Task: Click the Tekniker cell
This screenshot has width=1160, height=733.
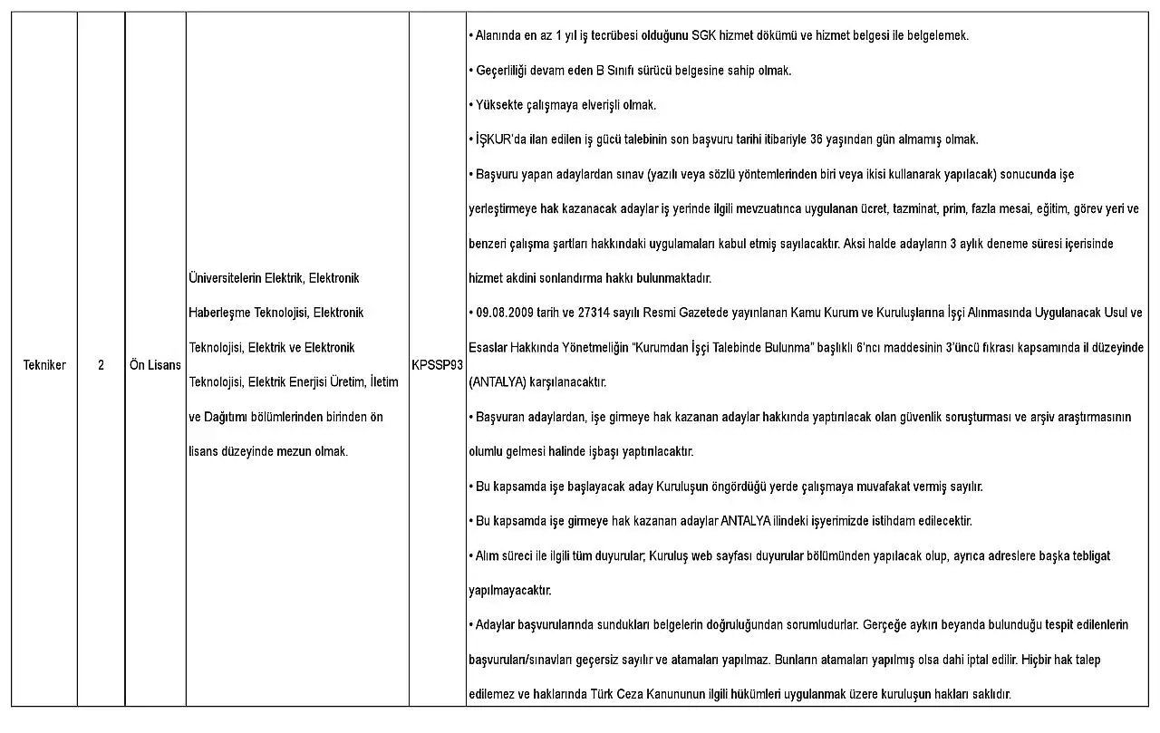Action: (x=44, y=365)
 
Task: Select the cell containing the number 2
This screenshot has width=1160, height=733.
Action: (x=101, y=365)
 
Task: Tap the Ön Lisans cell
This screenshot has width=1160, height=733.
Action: (x=155, y=365)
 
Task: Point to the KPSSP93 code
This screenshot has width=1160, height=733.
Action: (x=437, y=365)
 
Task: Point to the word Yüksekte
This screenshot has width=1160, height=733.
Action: (x=498, y=105)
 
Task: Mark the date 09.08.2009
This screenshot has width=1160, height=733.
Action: (x=506, y=313)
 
